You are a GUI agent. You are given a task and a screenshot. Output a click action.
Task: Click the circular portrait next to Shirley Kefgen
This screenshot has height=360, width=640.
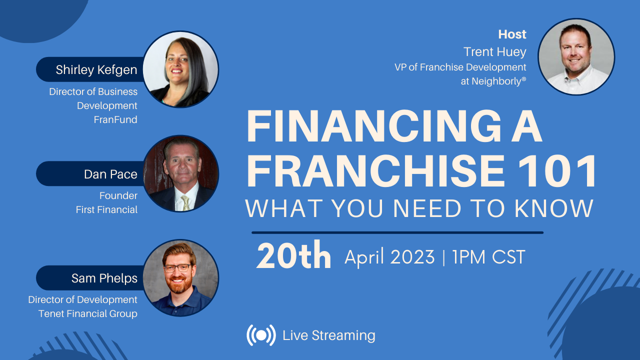pos(180,69)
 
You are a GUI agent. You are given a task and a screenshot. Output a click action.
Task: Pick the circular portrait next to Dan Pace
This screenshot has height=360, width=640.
pos(180,173)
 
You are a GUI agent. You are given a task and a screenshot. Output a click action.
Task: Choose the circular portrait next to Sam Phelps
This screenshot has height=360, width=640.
pos(180,278)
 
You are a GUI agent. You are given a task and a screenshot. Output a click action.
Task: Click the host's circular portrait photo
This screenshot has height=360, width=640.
pos(576,56)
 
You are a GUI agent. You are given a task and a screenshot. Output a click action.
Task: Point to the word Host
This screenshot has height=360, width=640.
pos(512,34)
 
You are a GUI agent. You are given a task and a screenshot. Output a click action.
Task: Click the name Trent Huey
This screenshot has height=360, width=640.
pos(494,51)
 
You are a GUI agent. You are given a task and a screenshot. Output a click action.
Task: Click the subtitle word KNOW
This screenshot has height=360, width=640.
pos(554,208)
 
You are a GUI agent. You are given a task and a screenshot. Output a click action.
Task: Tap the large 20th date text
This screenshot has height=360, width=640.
pos(294,257)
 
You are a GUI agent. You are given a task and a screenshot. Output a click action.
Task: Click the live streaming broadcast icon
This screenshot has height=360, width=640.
pos(261,335)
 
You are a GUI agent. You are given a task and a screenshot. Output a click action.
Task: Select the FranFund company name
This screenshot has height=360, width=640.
pos(115,119)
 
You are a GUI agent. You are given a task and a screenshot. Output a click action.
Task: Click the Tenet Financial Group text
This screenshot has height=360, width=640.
pos(87,313)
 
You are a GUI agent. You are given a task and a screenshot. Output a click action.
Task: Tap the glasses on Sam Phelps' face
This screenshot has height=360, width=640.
pos(177,268)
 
